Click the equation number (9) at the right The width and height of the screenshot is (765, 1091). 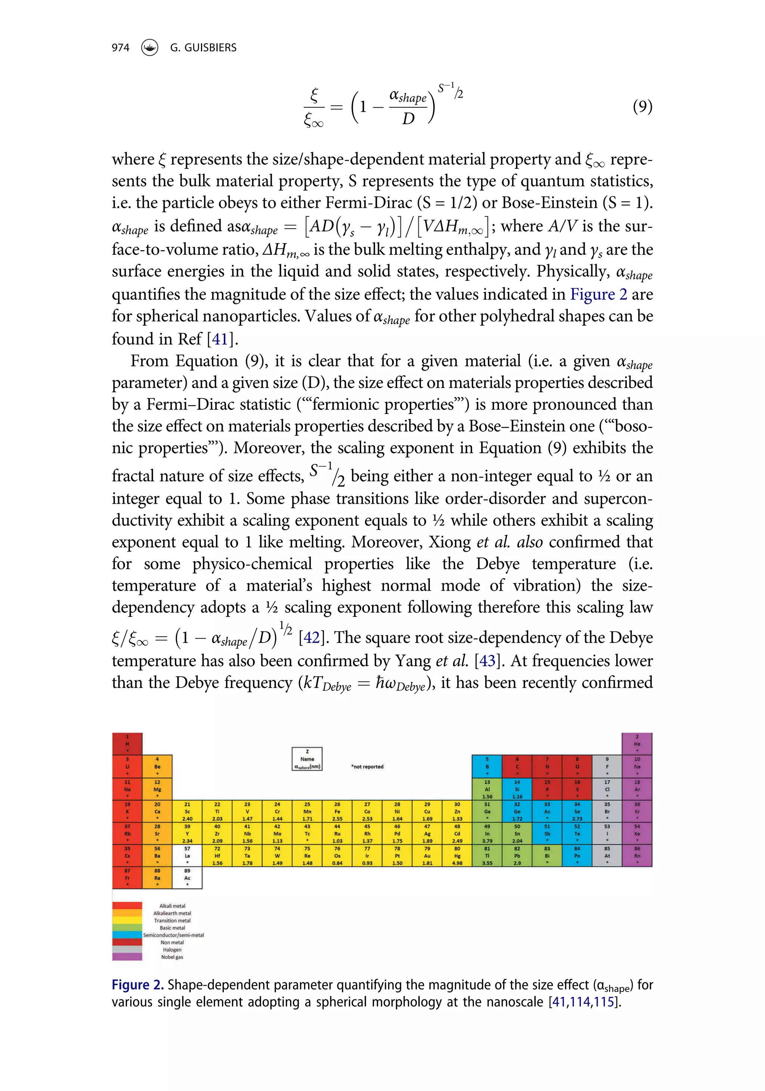[642, 106]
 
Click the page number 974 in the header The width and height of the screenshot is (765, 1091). [120, 47]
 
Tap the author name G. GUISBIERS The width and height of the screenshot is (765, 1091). [203, 47]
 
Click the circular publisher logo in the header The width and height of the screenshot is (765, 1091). [150, 47]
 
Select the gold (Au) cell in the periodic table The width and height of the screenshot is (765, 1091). [427, 856]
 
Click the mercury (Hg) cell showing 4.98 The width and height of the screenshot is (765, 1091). [457, 856]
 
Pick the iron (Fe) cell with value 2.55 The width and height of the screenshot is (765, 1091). [337, 811]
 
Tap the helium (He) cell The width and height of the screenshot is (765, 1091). [637, 744]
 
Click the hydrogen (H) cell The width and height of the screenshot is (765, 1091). [127, 744]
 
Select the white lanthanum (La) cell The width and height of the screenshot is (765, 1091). [187, 856]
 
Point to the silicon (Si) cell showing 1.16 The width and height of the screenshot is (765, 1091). [517, 789]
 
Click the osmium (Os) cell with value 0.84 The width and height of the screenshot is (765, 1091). [337, 856]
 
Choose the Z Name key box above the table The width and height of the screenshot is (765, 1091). [307, 759]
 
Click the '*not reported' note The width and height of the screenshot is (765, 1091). [367, 766]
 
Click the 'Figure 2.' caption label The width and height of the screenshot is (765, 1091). [137, 985]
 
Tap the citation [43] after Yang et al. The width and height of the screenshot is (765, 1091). [487, 661]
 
